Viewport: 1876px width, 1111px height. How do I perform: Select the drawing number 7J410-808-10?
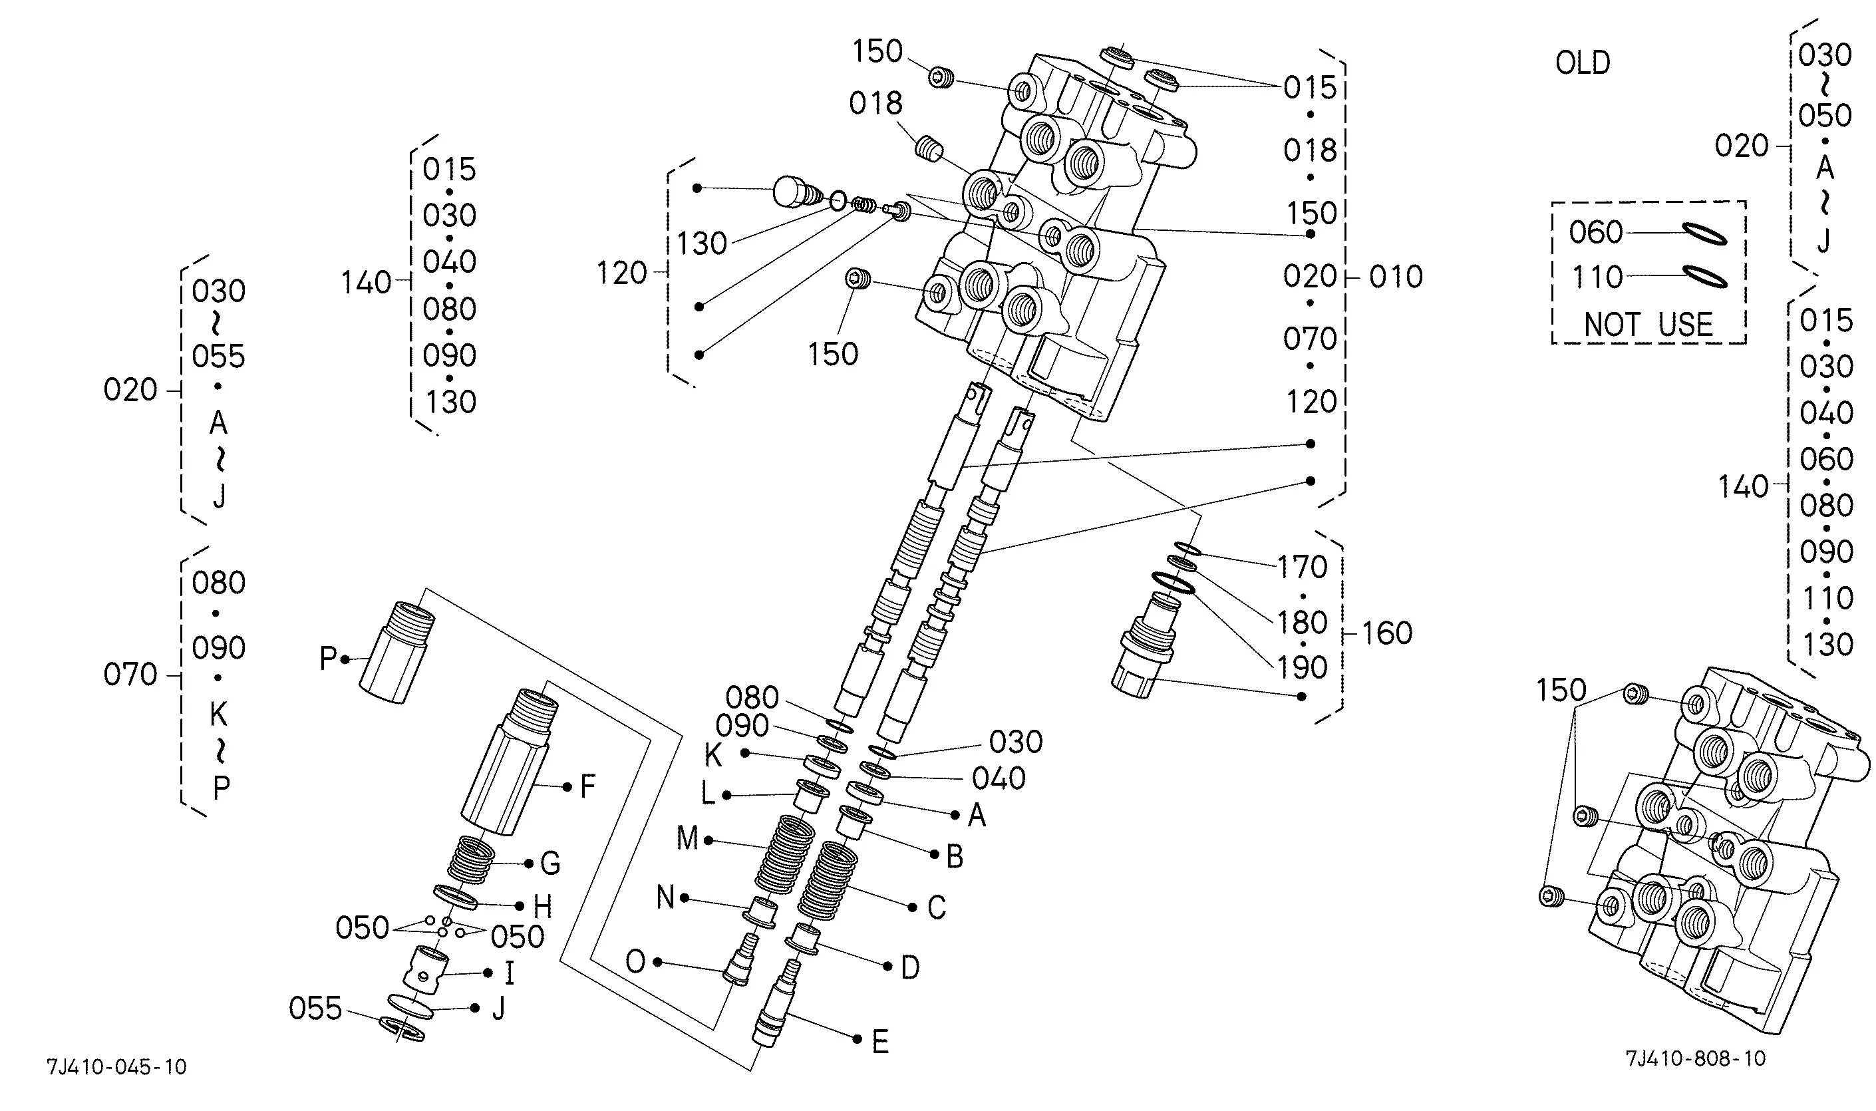(1696, 1058)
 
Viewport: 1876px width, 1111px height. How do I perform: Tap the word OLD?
(1583, 63)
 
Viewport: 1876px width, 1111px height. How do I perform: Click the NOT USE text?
(1648, 325)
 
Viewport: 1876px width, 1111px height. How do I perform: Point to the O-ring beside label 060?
(1704, 234)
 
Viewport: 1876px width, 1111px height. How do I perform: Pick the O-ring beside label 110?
(1704, 277)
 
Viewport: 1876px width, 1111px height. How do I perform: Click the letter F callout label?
(587, 786)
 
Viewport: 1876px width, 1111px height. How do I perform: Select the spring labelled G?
(471, 860)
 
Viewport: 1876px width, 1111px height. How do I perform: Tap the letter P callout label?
(328, 659)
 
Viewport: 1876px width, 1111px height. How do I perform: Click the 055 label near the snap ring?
(316, 1009)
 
